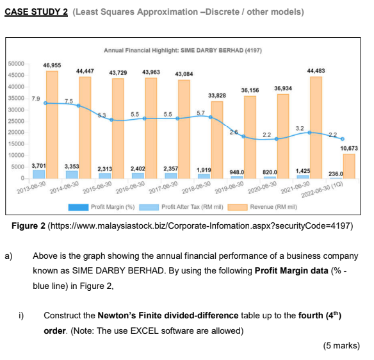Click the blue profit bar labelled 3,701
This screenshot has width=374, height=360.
click(39, 174)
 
